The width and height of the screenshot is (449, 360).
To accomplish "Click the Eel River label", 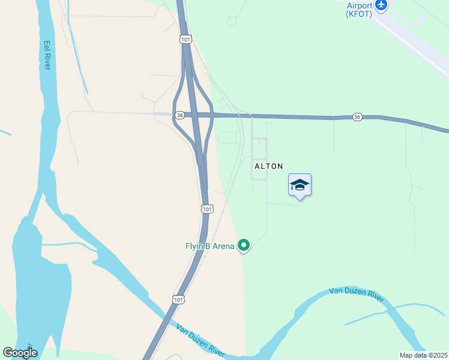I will point(47,55).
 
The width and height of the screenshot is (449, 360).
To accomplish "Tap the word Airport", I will point(360,5).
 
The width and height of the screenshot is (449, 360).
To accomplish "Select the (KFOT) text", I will point(360,14).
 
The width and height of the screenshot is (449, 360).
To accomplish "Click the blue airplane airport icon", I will point(381,4).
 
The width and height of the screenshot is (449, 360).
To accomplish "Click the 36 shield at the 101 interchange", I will point(179,115).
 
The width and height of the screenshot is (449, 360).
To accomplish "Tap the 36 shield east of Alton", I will point(357,116).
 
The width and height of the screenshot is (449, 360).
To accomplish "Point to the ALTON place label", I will point(268,166).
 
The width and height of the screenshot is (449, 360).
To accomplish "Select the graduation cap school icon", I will point(300,185).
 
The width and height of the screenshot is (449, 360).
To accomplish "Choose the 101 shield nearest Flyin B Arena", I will point(206,209).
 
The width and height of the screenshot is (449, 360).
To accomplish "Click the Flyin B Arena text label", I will point(209,245).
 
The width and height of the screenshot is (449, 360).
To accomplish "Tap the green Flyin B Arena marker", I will point(244,245).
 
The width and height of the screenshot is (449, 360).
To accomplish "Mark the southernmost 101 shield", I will point(178,299).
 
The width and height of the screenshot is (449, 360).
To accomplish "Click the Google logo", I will point(20,353).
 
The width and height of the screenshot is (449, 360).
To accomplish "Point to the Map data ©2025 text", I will point(423,355).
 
